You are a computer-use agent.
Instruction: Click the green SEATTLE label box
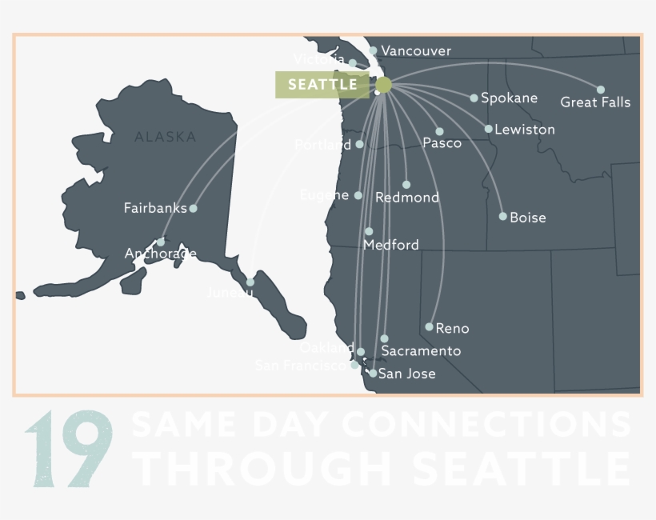coord(322,85)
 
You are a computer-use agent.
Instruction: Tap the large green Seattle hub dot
coord(383,85)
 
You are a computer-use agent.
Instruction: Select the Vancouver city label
coord(415,51)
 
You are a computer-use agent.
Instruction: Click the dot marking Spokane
coord(474,98)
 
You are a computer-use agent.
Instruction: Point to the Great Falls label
coord(595,102)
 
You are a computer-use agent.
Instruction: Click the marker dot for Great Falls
coord(601,90)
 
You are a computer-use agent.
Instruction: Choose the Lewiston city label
coord(525,129)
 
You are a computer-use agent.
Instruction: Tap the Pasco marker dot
coord(439,131)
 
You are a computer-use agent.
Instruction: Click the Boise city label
coord(528,217)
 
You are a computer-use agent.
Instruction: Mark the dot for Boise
coord(503,216)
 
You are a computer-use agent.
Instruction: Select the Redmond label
coord(407,198)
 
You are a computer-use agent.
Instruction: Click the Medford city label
coord(390,245)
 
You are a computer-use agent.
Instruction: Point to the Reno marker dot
coord(430,326)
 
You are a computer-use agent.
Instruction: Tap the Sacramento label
coord(421,350)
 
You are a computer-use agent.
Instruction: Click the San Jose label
coord(407,374)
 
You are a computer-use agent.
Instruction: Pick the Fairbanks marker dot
coord(193,208)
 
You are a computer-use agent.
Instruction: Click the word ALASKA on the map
coord(166,137)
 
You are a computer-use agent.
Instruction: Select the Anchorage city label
coord(160,254)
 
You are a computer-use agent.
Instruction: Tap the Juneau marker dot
coord(250,282)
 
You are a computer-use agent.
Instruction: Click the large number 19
coord(69,450)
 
